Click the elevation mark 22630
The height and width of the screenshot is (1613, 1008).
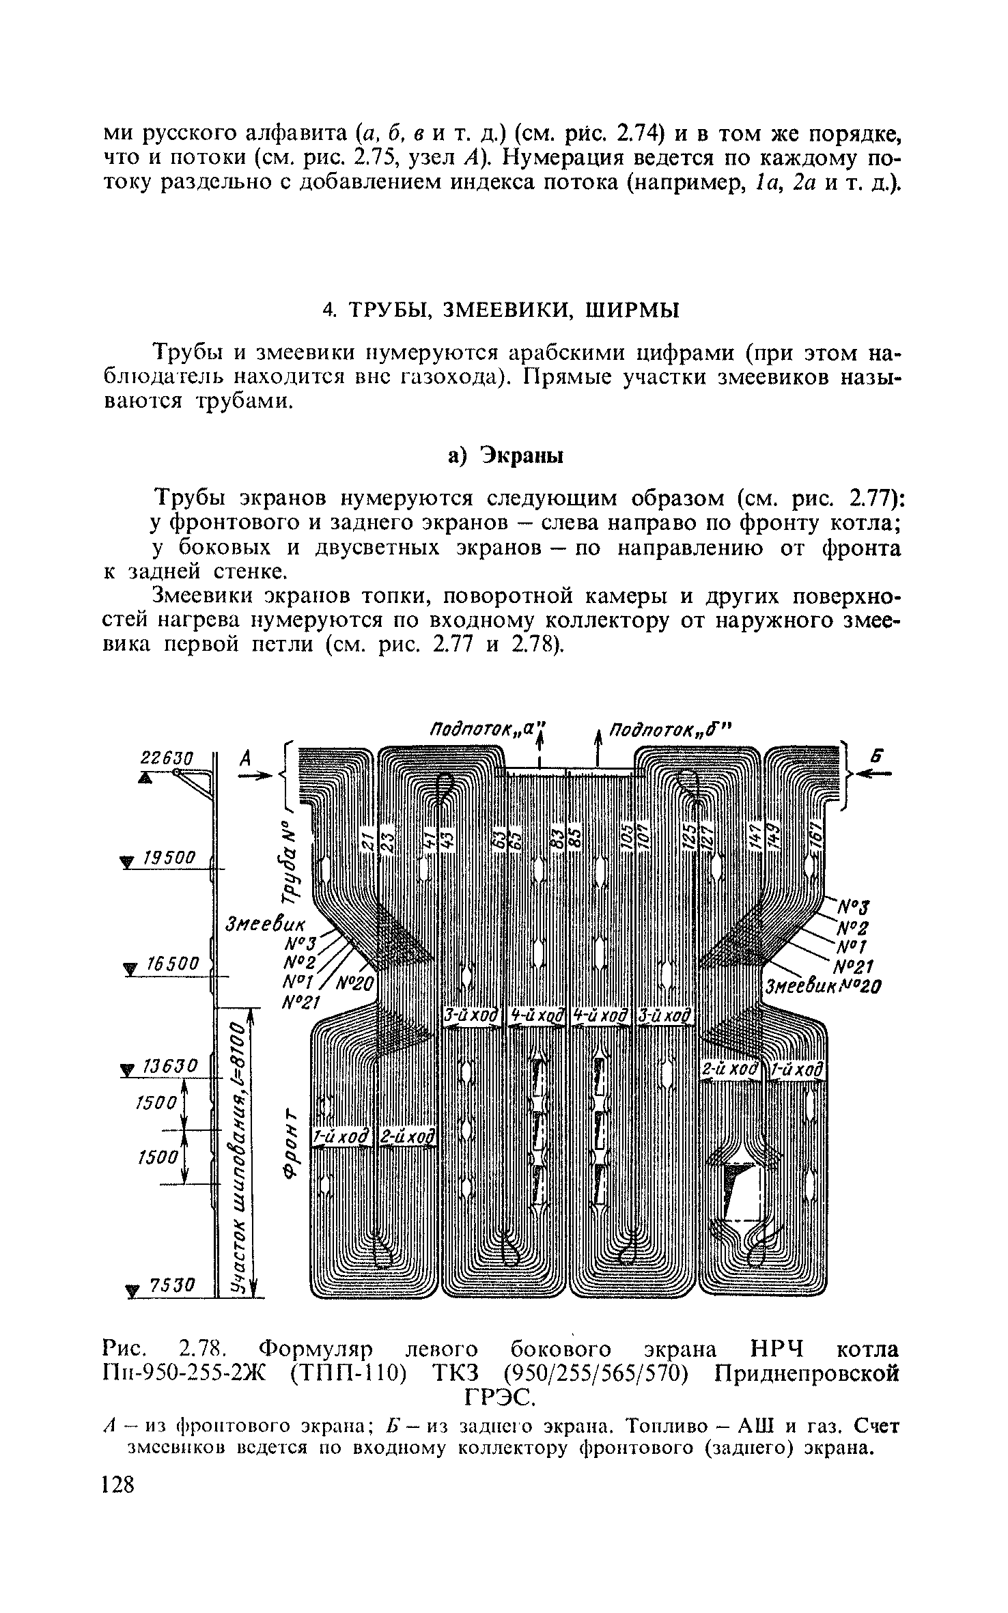(167, 758)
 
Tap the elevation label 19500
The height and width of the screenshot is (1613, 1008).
(167, 858)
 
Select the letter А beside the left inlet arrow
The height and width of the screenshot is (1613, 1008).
(247, 757)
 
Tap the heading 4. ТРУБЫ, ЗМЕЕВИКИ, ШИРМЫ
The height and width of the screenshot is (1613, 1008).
(501, 310)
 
